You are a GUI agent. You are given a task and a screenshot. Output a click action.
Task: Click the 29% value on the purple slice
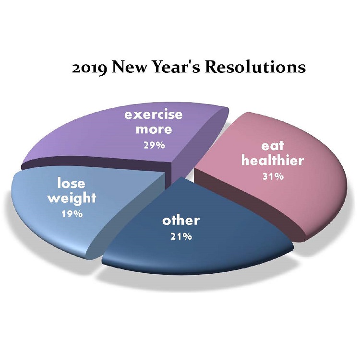(154, 145)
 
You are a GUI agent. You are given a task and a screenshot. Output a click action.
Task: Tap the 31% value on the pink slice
(273, 176)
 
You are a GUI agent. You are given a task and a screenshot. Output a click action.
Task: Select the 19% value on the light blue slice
(72, 214)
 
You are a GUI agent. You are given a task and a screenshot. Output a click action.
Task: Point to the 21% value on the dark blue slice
(181, 236)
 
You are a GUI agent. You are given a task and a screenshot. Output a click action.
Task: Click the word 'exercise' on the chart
(154, 115)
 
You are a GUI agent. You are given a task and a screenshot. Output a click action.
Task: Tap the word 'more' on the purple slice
(154, 129)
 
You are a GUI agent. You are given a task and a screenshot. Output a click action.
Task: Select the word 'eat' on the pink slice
(273, 146)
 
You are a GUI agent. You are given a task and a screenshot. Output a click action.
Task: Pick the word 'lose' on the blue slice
(71, 184)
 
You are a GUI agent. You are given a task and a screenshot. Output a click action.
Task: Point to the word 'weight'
(72, 198)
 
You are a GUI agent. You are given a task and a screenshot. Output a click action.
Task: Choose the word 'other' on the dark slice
(181, 221)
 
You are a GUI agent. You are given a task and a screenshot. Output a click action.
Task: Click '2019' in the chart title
(90, 69)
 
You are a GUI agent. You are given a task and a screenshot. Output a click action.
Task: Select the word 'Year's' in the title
(175, 67)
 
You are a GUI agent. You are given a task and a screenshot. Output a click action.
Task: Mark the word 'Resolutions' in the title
(255, 67)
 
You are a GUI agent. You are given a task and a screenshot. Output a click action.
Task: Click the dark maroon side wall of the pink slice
(248, 202)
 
